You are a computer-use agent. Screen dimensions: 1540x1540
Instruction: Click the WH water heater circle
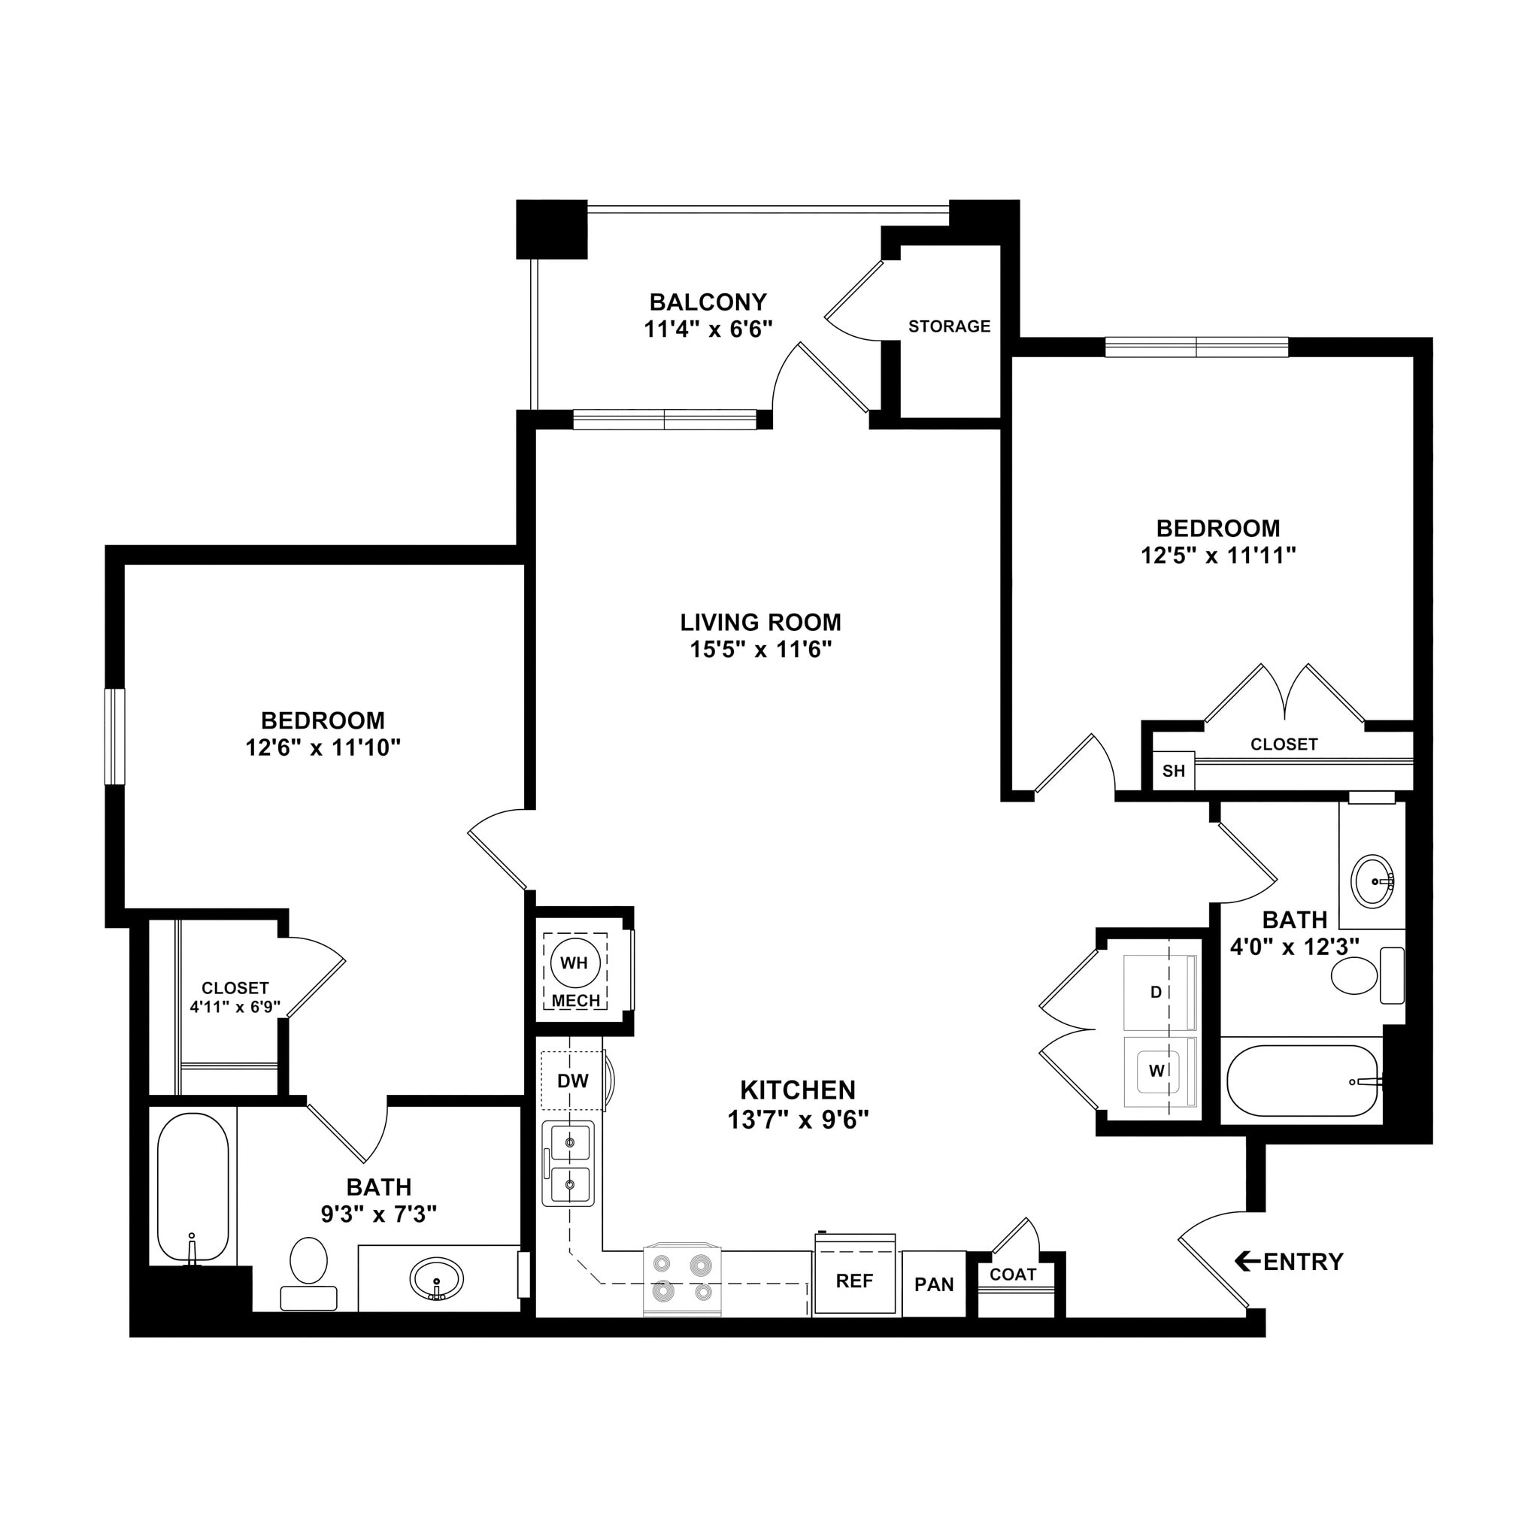pyautogui.click(x=574, y=963)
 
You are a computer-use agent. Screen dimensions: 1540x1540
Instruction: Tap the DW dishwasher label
pyautogui.click(x=572, y=1081)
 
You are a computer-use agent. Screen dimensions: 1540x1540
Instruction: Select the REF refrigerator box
pyautogui.click(x=853, y=1280)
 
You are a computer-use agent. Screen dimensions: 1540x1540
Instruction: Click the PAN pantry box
pyautogui.click(x=933, y=1284)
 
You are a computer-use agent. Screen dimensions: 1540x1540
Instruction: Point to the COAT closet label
pyautogui.click(x=1012, y=1275)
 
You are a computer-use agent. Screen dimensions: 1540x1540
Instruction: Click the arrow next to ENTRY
pyautogui.click(x=1247, y=1261)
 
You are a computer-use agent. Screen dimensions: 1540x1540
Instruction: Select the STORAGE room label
pyautogui.click(x=948, y=326)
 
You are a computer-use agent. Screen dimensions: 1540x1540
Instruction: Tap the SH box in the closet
pyautogui.click(x=1173, y=771)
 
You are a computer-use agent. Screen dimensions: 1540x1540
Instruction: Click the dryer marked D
pyautogui.click(x=1160, y=993)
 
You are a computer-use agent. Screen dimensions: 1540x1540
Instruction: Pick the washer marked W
pyautogui.click(x=1160, y=1072)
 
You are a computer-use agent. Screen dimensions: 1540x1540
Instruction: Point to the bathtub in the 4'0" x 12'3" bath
pyautogui.click(x=1301, y=1081)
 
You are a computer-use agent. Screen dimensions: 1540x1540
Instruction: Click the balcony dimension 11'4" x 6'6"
pyautogui.click(x=708, y=329)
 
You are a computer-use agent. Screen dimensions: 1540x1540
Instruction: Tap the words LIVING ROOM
pyautogui.click(x=759, y=622)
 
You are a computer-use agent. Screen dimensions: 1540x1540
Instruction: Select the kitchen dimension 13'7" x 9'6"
pyautogui.click(x=797, y=1120)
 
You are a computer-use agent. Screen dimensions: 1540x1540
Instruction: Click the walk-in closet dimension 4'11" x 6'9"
pyautogui.click(x=235, y=1007)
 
